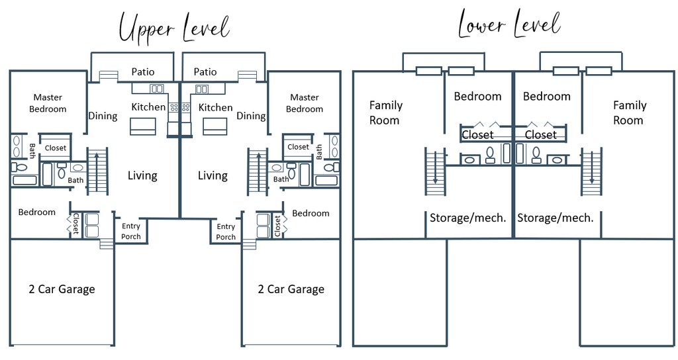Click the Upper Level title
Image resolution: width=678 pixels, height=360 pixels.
click(x=174, y=28)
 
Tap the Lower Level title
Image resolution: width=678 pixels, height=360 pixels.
click(x=510, y=24)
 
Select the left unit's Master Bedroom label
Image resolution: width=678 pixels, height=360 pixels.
click(x=48, y=103)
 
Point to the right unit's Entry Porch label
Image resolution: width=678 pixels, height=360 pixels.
click(x=226, y=232)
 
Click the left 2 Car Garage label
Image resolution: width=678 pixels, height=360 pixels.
click(x=62, y=289)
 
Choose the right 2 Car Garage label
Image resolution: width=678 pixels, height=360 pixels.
click(x=291, y=289)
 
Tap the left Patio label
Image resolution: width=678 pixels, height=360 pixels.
click(x=143, y=71)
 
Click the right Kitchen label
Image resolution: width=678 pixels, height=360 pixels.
click(x=215, y=107)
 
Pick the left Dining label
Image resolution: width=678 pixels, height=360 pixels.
click(x=103, y=116)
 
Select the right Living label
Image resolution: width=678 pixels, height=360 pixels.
click(x=213, y=175)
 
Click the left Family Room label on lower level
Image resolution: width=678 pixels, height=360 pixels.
click(x=386, y=112)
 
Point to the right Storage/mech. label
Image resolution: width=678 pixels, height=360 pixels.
click(x=556, y=218)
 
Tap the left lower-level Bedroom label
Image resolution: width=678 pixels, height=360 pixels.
click(x=477, y=96)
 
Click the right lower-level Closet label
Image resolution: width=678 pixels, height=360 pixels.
click(x=540, y=135)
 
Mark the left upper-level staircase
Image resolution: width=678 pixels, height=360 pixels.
click(x=97, y=171)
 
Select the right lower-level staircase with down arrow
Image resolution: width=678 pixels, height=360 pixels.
click(x=591, y=171)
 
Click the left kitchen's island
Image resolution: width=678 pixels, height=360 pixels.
click(x=143, y=126)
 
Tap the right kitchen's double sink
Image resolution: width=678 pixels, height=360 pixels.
click(x=202, y=89)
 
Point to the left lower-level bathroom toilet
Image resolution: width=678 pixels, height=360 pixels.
click(x=491, y=155)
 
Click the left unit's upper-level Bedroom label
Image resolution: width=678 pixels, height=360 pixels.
click(x=37, y=212)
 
